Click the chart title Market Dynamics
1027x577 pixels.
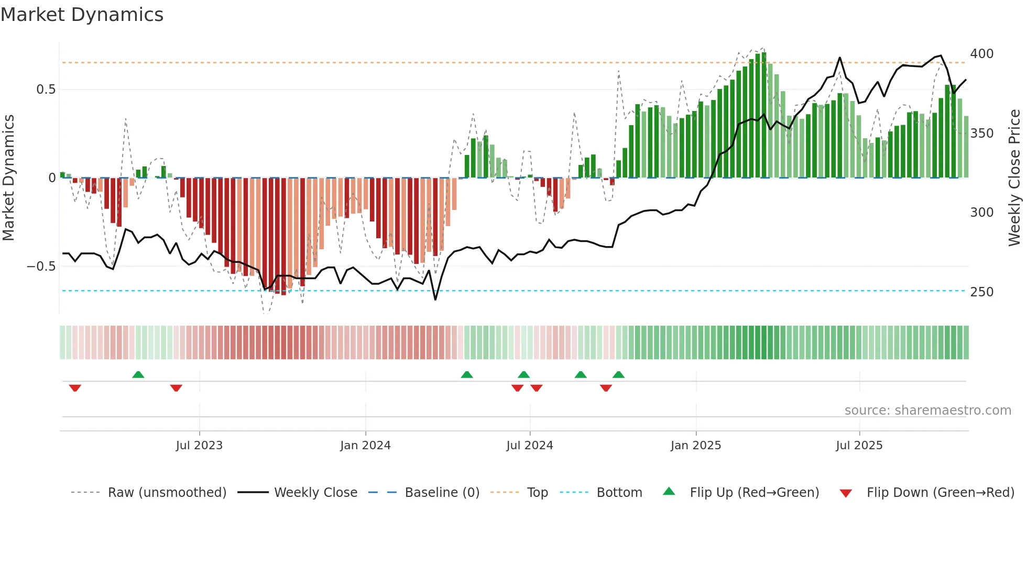[x=82, y=15]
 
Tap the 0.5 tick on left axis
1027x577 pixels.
[x=46, y=90]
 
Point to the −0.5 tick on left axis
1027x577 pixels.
[x=41, y=267]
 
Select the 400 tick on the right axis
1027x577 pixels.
[x=981, y=54]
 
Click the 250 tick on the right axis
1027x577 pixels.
[x=981, y=292]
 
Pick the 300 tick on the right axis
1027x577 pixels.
[x=981, y=213]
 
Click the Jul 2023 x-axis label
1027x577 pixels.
[x=199, y=446]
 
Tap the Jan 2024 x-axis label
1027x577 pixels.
[x=365, y=446]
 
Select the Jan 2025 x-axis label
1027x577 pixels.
[x=696, y=446]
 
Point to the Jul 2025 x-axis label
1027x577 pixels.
[x=859, y=446]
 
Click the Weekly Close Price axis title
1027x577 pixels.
[x=1014, y=178]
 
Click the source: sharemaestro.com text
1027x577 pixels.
[x=927, y=410]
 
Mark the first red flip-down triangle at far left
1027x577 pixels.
[x=75, y=388]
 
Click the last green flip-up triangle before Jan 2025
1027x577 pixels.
[x=618, y=375]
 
